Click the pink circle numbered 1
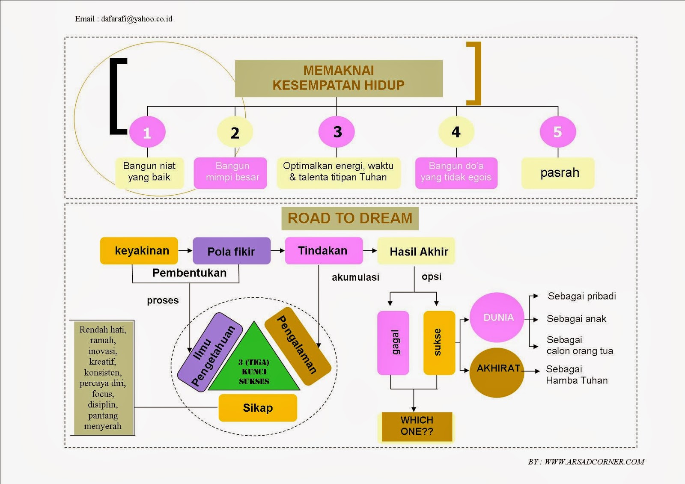click(x=147, y=132)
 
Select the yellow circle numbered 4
click(x=456, y=132)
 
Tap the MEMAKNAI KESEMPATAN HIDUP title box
click(x=339, y=78)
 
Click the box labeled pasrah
click(x=558, y=173)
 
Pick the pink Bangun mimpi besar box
click(x=230, y=173)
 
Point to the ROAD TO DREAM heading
click(x=350, y=218)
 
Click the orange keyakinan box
click(x=139, y=251)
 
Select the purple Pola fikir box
click(x=232, y=251)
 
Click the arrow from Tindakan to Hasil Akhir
click(x=370, y=250)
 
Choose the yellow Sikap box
click(x=258, y=408)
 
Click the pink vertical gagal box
click(x=393, y=343)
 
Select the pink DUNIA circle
click(x=497, y=318)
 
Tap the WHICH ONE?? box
click(x=417, y=426)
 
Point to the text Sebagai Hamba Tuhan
click(x=576, y=375)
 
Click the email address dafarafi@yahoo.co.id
click(x=137, y=19)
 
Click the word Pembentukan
click(x=189, y=273)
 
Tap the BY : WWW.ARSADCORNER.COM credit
click(x=586, y=462)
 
